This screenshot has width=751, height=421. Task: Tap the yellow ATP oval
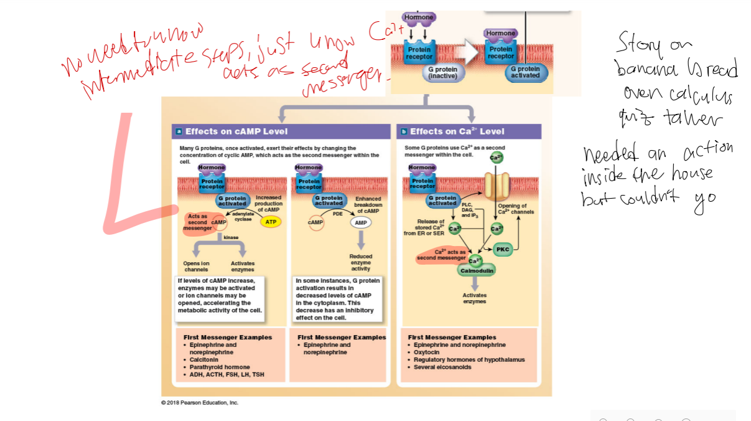[x=271, y=222]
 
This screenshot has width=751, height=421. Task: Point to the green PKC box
[x=503, y=250]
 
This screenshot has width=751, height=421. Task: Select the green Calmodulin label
[x=476, y=271]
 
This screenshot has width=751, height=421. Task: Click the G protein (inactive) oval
[x=442, y=72]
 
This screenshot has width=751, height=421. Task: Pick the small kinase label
[x=231, y=237]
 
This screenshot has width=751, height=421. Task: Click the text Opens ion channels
[x=196, y=267]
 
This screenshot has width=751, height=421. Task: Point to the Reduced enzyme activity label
[x=360, y=262]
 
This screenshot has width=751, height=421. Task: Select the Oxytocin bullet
[x=427, y=352]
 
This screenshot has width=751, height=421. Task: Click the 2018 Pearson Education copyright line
[x=199, y=402]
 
